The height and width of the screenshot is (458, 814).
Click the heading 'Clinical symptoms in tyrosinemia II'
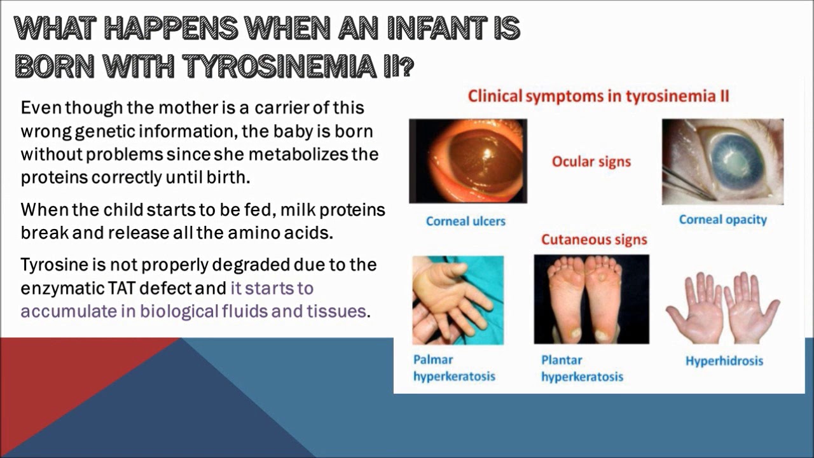tap(598, 97)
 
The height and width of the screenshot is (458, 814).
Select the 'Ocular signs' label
tap(591, 162)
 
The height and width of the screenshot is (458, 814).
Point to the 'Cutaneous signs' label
tap(594, 240)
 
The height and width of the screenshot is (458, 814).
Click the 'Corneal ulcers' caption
tap(466, 221)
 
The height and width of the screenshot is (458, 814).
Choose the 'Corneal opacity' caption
tap(722, 220)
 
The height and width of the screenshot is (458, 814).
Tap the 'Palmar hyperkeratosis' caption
tap(453, 368)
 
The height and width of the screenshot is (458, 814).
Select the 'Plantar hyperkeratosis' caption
tap(581, 368)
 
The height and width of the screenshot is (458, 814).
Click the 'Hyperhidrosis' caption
tap(724, 361)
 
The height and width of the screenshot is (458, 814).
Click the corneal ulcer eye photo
tap(467, 161)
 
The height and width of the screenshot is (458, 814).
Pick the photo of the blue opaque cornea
tap(722, 162)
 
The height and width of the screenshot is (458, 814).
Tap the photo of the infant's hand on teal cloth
tap(458, 300)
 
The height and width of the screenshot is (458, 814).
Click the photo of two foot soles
tap(591, 299)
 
